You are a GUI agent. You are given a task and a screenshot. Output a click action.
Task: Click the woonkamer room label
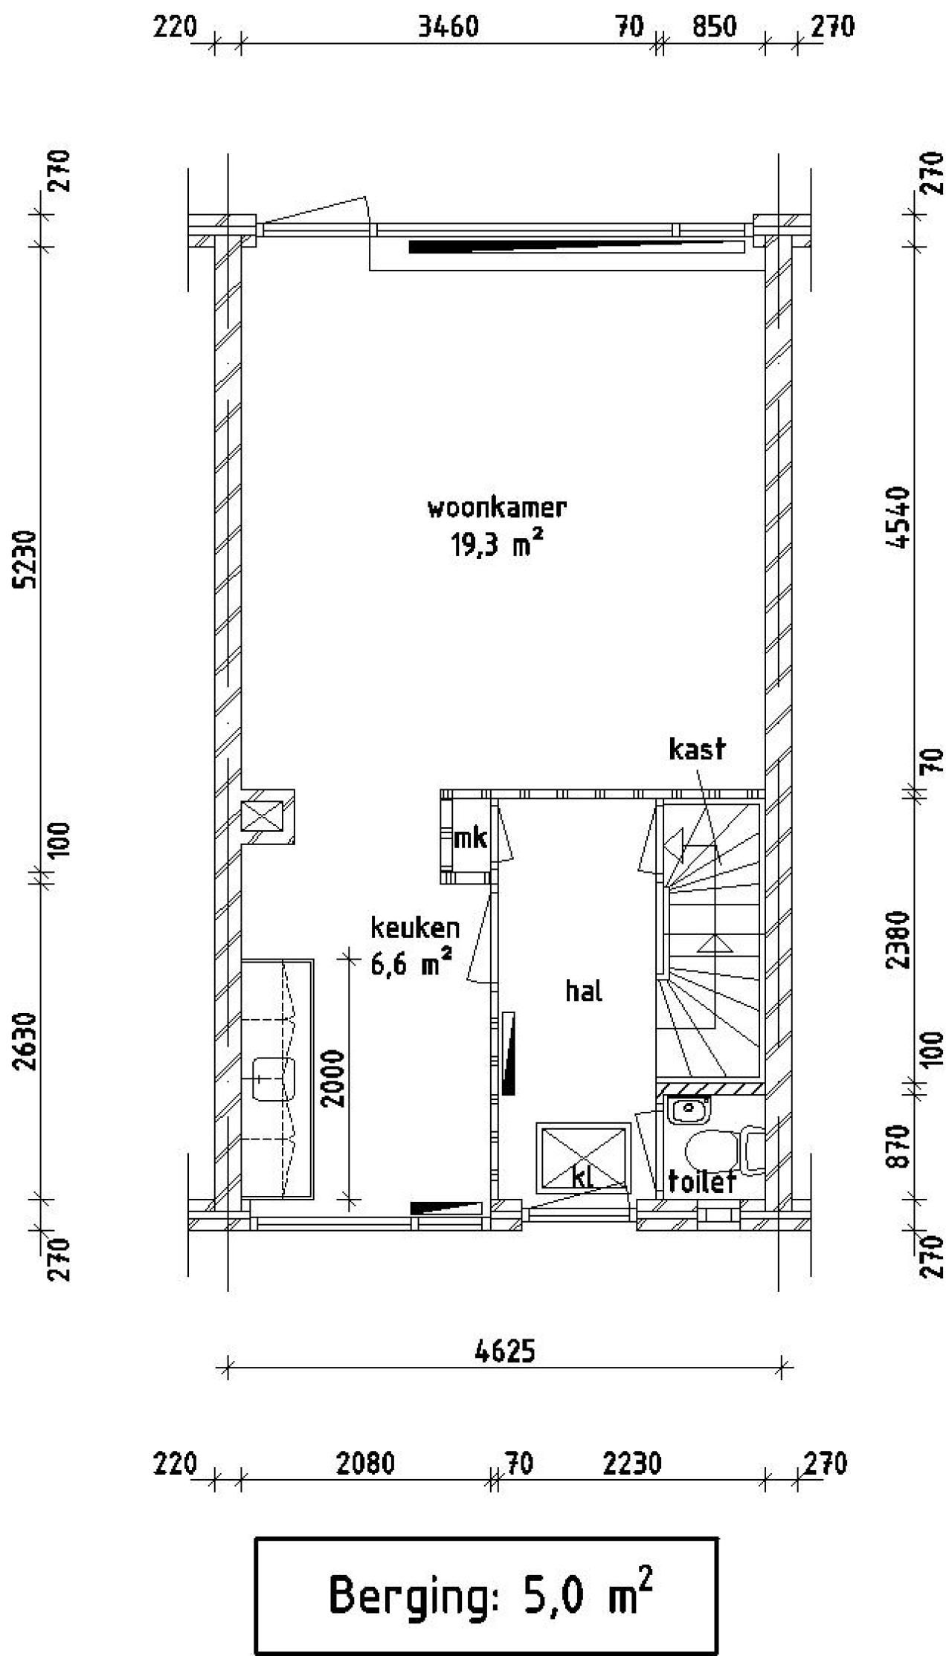pos(496,508)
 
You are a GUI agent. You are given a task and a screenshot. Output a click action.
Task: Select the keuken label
pos(415,928)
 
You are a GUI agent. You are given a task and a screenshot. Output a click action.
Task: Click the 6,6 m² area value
pos(411,964)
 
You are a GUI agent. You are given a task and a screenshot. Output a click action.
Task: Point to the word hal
pos(584,991)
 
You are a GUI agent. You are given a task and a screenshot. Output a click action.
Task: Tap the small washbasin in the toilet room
pos(689,1110)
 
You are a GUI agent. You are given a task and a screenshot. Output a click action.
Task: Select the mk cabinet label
pos(470,838)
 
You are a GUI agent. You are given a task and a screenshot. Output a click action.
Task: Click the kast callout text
pos(697,749)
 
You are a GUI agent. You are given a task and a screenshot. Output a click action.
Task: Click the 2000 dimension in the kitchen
pos(335,1078)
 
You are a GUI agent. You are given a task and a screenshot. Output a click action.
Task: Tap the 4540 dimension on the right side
pos(899,517)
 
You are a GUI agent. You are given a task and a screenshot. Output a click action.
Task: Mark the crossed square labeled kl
pos(584,1157)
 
